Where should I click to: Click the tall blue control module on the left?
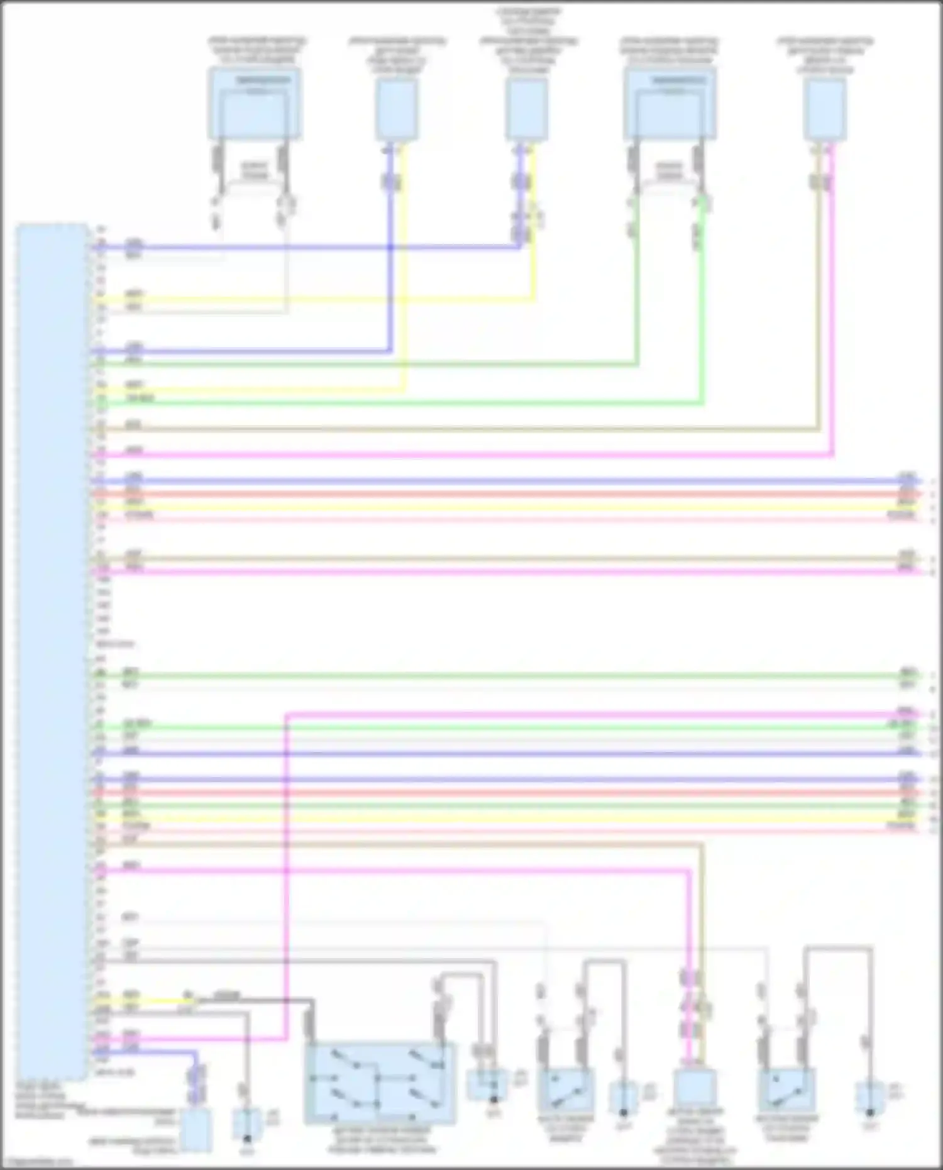click(52, 648)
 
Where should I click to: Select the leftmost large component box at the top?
click(255, 104)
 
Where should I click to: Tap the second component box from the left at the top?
click(397, 111)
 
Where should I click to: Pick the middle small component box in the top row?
click(527, 111)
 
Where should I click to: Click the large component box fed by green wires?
click(670, 104)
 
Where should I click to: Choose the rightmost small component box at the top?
click(825, 111)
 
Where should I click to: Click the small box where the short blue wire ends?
click(196, 1130)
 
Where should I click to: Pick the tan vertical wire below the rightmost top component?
click(819, 302)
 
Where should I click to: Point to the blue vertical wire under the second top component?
click(390, 264)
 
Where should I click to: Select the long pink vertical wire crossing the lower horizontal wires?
click(286, 880)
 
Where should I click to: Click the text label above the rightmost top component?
click(825, 57)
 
